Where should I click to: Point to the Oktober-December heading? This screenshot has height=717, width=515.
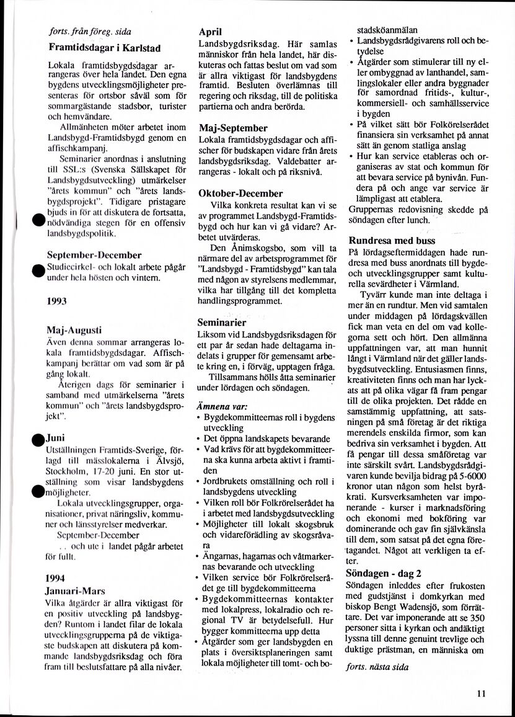click(x=240, y=194)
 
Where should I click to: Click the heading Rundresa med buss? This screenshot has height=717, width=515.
click(x=392, y=240)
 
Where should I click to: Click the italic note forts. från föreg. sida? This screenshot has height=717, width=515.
click(x=90, y=31)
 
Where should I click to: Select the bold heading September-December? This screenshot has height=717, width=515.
click(x=94, y=254)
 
